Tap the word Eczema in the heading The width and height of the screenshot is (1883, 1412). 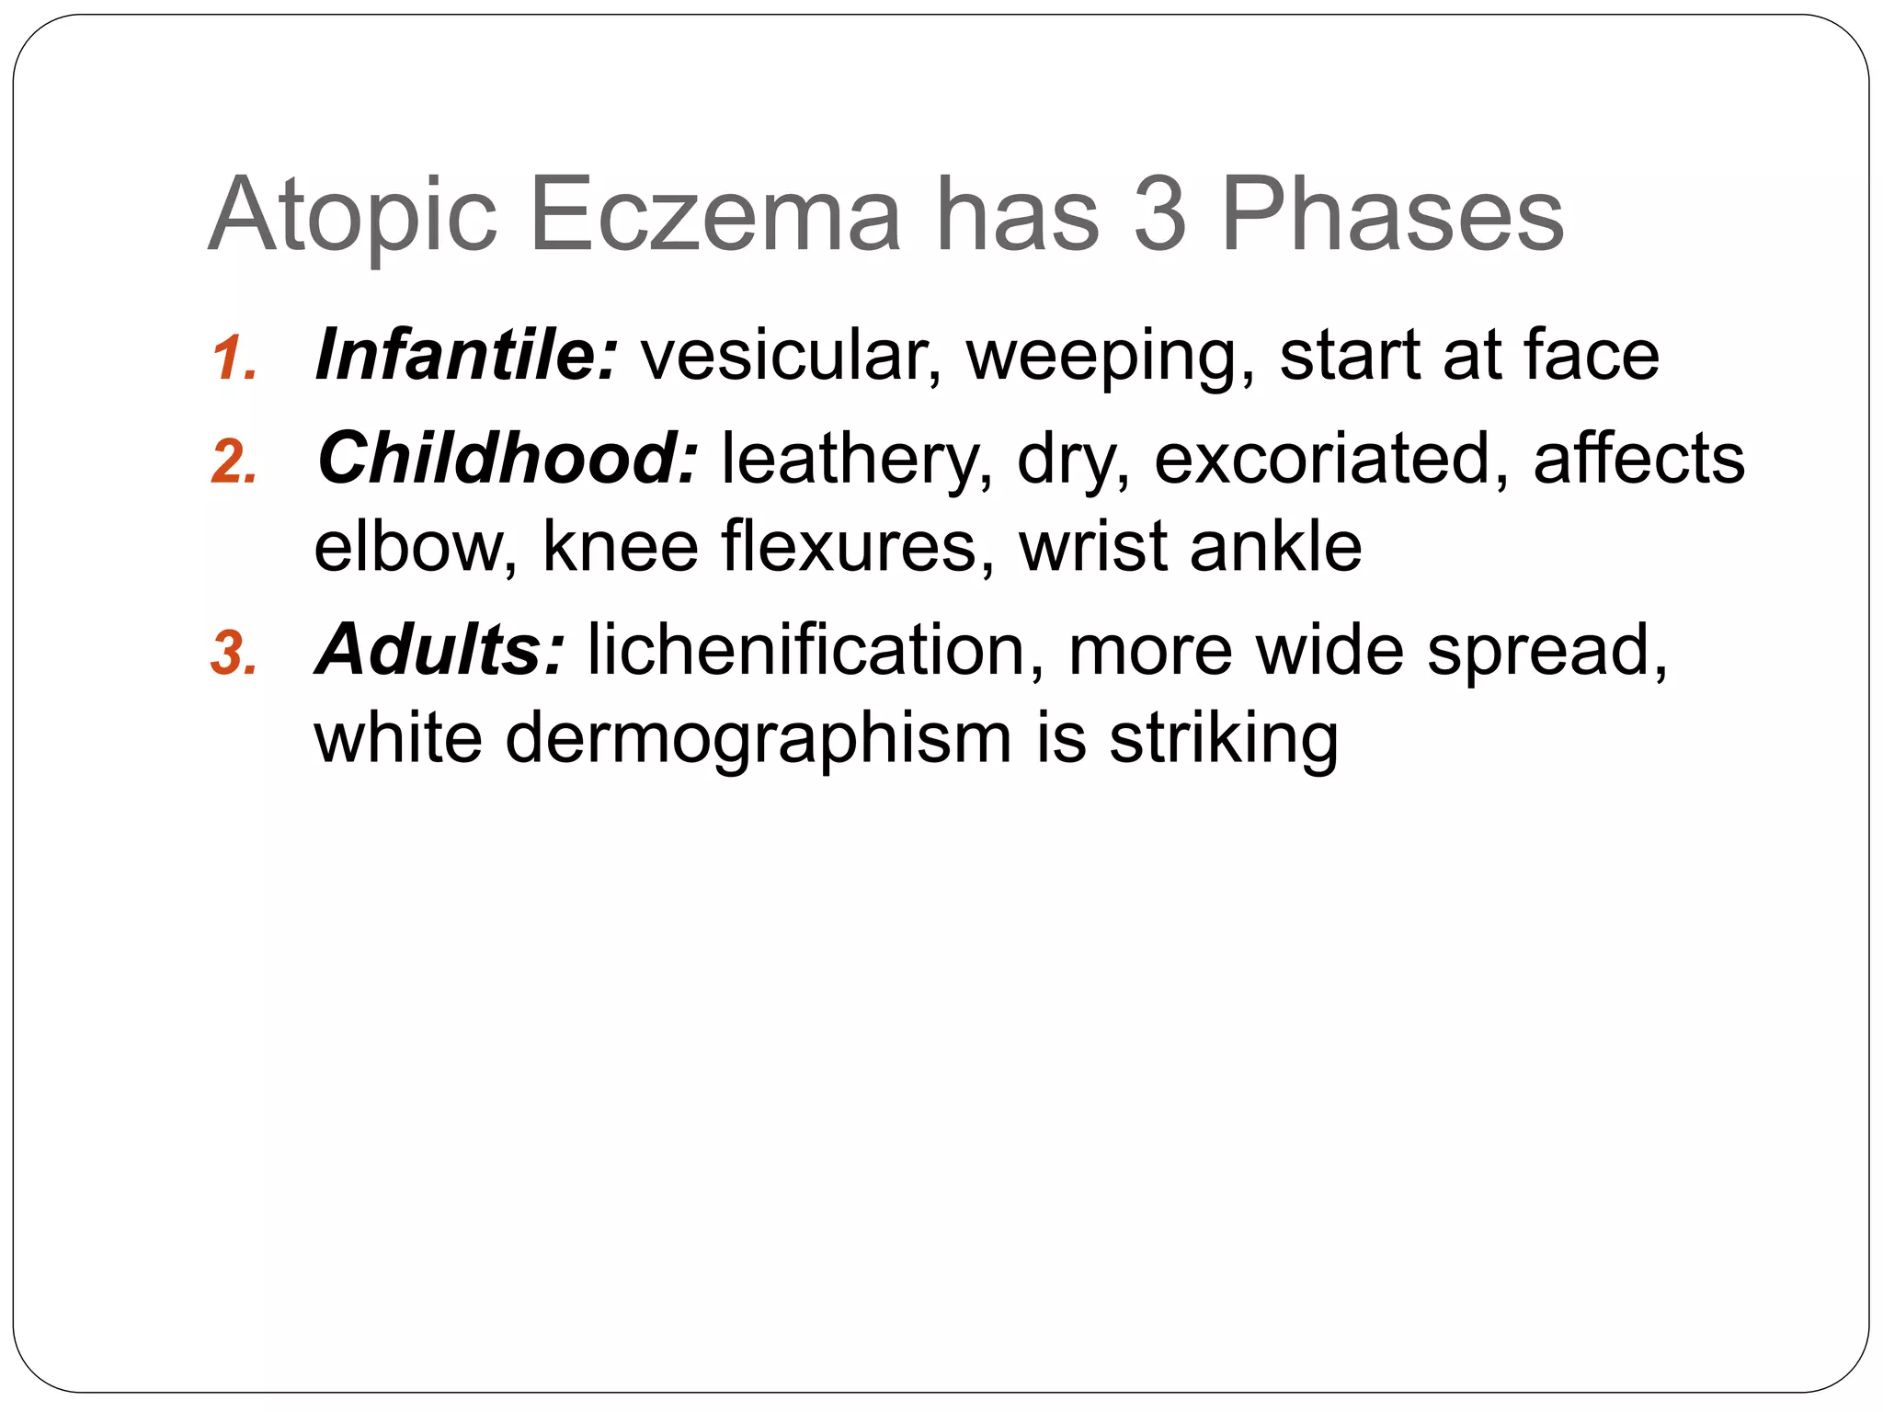714,215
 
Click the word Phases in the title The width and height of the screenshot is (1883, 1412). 1392,215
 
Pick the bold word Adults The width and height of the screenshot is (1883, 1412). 439,650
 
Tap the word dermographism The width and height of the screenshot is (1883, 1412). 759,741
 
